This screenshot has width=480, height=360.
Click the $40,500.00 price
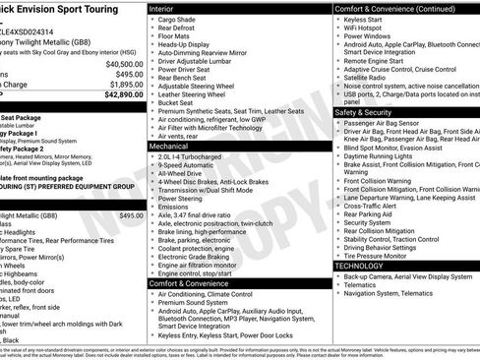(x=124, y=63)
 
